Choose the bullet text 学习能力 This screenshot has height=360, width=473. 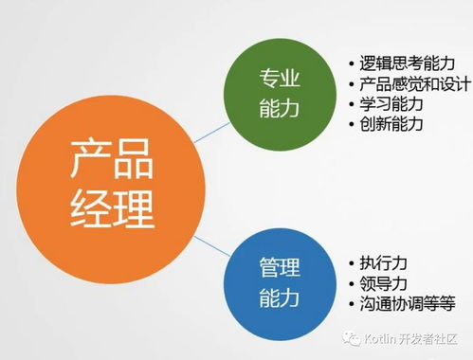pyautogui.click(x=391, y=104)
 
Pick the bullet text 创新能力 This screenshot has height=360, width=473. pyautogui.click(x=391, y=124)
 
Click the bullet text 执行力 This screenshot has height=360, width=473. pyautogui.click(x=383, y=262)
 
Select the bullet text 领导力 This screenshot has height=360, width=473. pyautogui.click(x=383, y=283)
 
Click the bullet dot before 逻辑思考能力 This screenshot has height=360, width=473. pyautogui.click(x=352, y=64)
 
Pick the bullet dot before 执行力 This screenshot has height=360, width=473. pyautogui.click(x=352, y=263)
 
